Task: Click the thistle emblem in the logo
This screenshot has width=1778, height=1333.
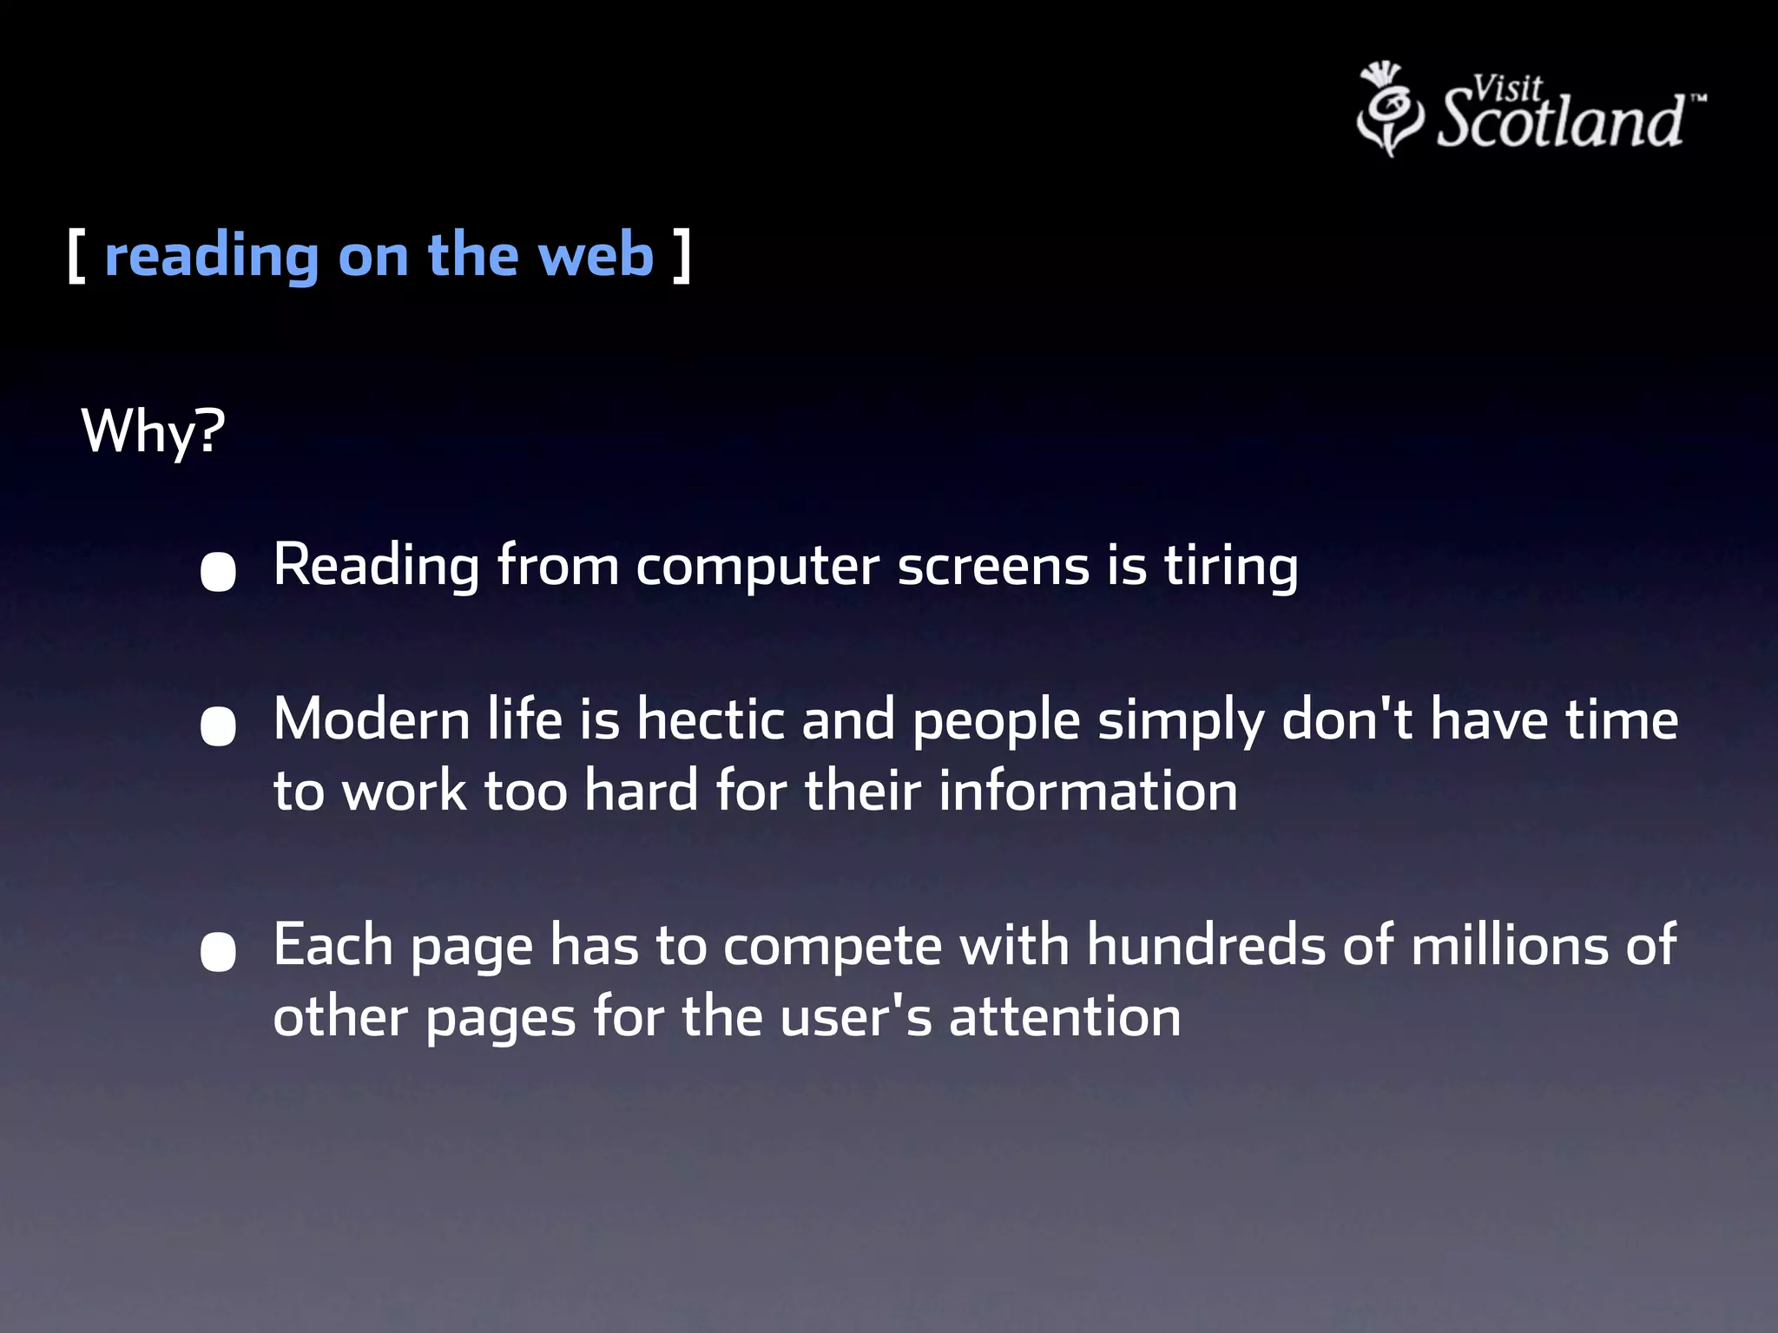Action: pos(1389,109)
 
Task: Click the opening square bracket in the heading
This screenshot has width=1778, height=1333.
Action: pos(76,256)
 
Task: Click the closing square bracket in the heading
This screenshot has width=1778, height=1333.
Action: pos(682,256)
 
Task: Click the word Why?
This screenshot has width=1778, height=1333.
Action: pos(153,431)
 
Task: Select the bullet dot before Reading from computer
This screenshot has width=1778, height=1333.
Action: pos(218,572)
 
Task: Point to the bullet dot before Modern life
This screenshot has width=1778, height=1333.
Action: pos(218,726)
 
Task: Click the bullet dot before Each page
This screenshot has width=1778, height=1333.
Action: pos(218,952)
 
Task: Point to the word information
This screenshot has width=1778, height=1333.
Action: pos(1088,791)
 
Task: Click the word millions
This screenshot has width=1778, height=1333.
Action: pos(1510,945)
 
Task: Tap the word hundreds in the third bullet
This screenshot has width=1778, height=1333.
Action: pos(1207,945)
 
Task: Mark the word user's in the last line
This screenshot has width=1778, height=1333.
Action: pos(856,1017)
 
